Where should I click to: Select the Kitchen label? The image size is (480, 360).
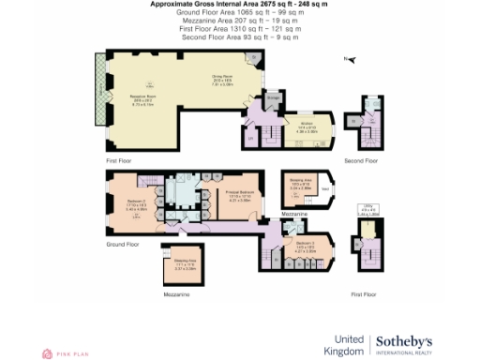click(x=305, y=124)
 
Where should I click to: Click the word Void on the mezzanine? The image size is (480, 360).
click(x=325, y=188)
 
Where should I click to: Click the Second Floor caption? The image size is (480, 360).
click(x=360, y=161)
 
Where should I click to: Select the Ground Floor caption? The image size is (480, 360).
click(x=122, y=244)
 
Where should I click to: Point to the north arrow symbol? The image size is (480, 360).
click(x=348, y=60)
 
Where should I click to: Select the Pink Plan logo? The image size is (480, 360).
click(x=58, y=353)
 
